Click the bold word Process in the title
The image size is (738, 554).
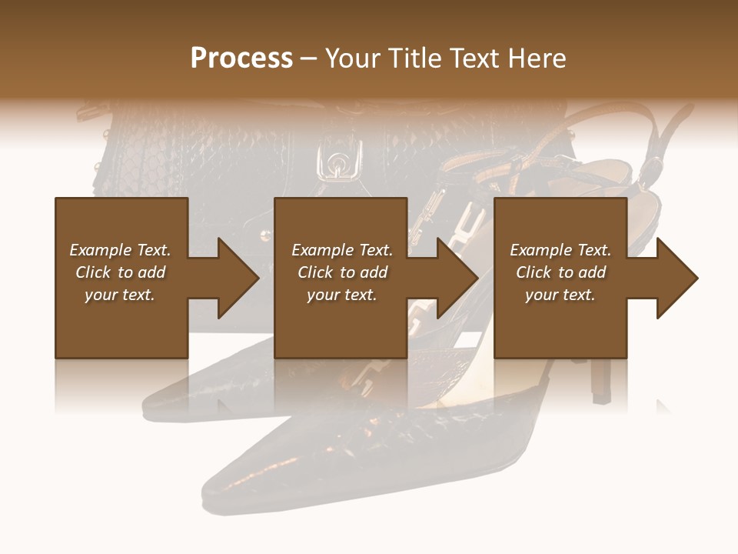(x=241, y=58)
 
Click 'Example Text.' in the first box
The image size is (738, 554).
(x=120, y=250)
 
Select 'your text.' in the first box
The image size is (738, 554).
(x=120, y=295)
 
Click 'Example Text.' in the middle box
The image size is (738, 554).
(x=342, y=250)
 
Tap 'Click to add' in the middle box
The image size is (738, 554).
(x=342, y=272)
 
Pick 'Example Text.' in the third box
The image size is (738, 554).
(x=560, y=250)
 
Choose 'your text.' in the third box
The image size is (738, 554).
(x=560, y=295)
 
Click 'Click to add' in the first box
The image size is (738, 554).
(x=120, y=272)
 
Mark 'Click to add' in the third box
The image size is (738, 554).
(x=560, y=272)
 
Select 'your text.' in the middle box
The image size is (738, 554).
(x=342, y=295)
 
